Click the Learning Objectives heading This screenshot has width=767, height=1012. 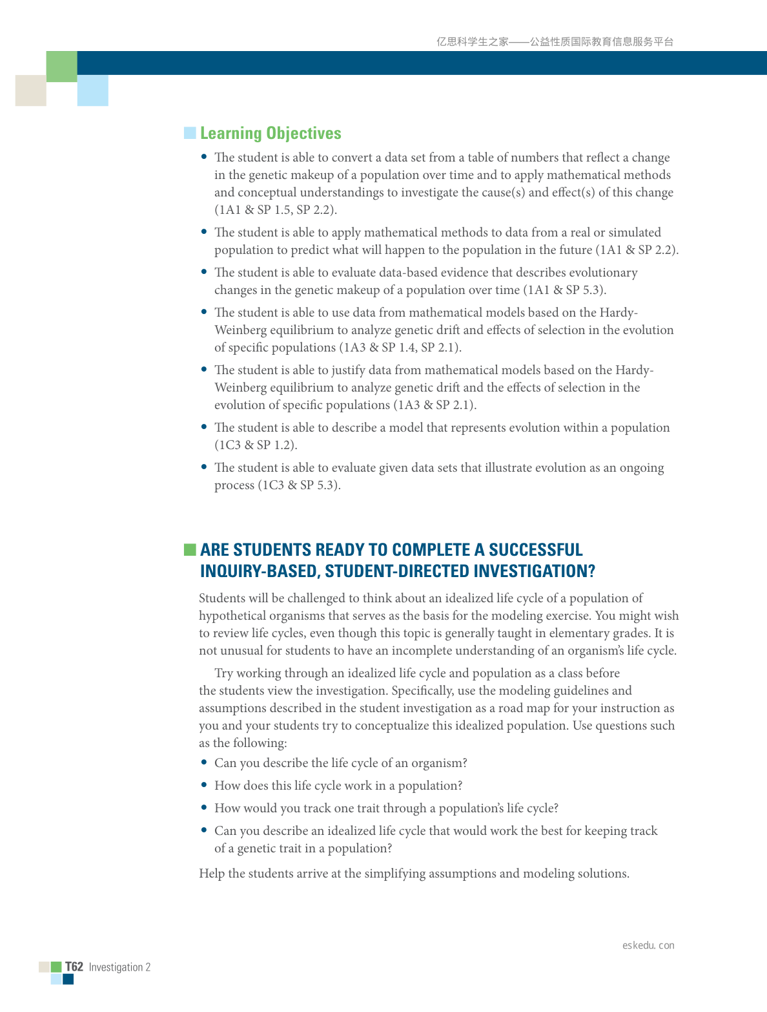(271, 133)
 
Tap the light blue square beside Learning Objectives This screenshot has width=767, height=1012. (190, 133)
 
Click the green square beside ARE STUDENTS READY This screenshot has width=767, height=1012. (190, 550)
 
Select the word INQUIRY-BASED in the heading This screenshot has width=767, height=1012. (259, 571)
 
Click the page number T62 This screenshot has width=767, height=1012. (74, 967)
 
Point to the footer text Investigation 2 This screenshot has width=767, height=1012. (119, 967)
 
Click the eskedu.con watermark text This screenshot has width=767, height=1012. (648, 945)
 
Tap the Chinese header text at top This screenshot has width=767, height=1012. (555, 42)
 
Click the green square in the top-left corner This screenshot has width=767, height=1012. (62, 67)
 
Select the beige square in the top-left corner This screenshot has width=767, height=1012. (31, 90)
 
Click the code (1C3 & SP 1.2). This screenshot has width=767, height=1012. (256, 445)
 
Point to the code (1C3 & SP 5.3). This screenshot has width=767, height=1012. (299, 485)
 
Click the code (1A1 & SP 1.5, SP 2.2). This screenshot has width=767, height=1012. (276, 210)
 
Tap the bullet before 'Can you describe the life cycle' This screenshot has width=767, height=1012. (205, 763)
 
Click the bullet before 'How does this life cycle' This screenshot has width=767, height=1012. (205, 785)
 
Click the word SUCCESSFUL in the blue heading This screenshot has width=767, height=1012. (535, 550)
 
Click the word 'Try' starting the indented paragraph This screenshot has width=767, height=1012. (223, 673)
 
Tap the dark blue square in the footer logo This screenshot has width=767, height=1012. (68, 979)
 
